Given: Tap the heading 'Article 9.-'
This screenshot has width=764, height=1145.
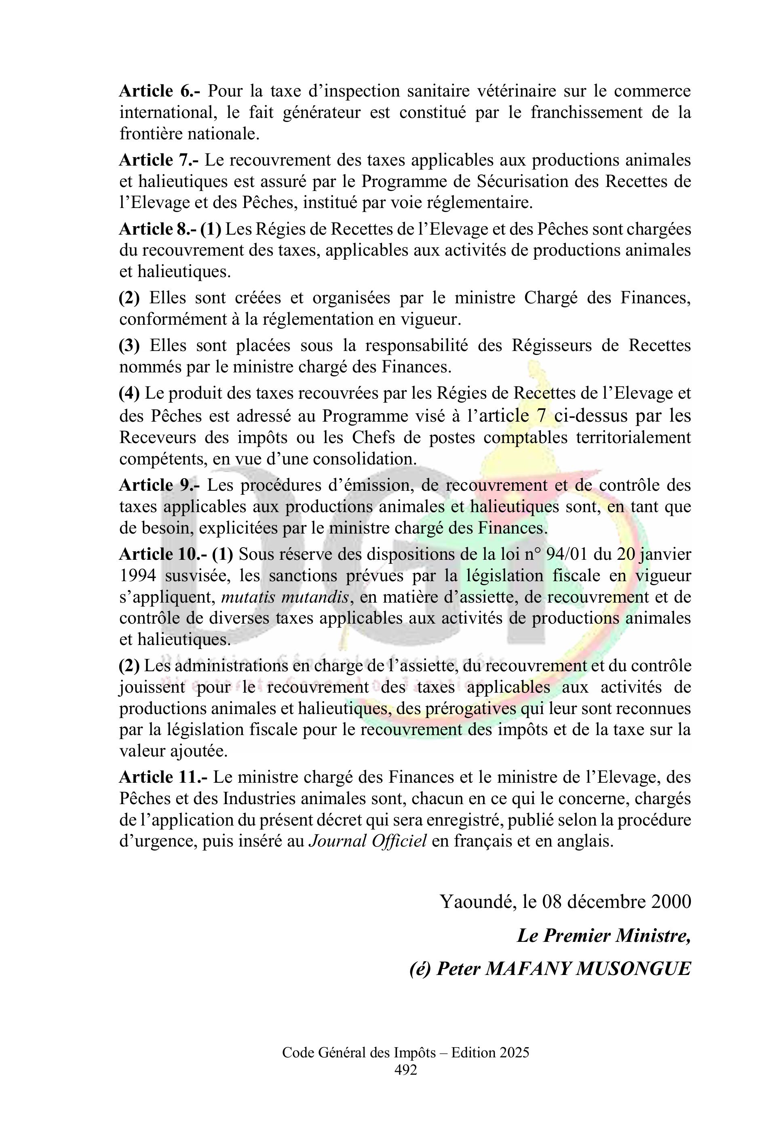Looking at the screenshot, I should tap(160, 485).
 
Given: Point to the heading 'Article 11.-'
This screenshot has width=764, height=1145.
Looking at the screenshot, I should tap(164, 777).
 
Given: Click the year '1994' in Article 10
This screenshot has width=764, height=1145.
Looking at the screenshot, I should tap(138, 576).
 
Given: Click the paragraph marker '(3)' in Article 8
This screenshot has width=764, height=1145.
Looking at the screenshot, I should tap(129, 346).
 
